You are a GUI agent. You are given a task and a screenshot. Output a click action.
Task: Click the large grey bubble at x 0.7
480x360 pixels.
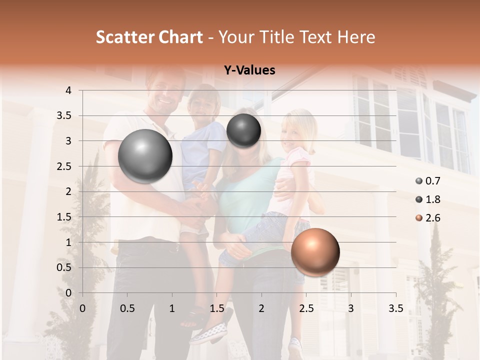(x=145, y=156)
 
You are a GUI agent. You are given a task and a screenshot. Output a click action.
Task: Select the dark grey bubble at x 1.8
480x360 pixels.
(x=243, y=130)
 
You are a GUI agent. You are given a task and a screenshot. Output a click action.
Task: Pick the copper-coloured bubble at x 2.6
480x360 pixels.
(x=315, y=252)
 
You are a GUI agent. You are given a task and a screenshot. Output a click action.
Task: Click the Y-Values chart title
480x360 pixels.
(x=249, y=70)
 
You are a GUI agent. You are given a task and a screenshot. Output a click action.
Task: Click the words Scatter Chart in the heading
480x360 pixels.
(x=149, y=37)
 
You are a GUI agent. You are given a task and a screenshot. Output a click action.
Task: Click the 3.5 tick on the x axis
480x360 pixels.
(x=395, y=308)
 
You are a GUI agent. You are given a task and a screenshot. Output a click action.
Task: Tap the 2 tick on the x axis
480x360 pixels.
(x=261, y=308)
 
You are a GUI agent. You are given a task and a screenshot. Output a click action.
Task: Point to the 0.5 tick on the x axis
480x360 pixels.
(x=127, y=308)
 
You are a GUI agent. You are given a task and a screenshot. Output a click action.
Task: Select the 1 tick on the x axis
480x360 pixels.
(x=172, y=308)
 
